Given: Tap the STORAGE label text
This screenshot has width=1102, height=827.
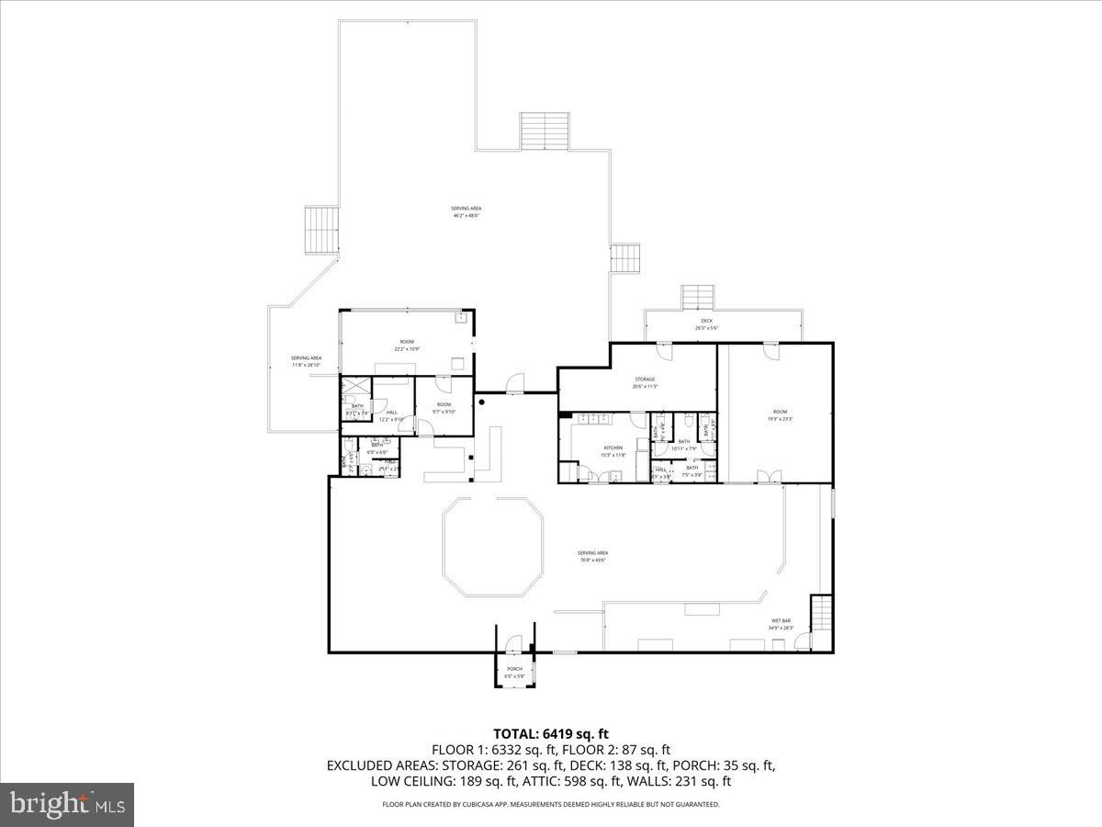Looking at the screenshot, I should click(645, 380).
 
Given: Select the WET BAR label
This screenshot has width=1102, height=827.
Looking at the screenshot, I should click(781, 621).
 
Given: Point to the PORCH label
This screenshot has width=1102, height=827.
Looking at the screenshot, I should click(514, 669).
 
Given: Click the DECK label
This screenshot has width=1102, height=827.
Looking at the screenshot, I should click(706, 321).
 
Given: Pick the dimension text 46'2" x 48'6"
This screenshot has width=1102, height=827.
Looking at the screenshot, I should click(466, 216).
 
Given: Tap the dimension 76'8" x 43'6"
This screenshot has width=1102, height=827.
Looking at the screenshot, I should click(593, 560).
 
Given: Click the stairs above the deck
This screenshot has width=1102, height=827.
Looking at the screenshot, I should click(698, 298).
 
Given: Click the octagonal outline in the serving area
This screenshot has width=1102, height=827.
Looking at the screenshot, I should click(492, 548).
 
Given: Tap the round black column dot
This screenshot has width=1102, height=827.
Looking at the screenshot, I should click(480, 402).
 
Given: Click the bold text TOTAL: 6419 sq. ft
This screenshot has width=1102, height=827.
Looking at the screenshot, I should click(551, 733).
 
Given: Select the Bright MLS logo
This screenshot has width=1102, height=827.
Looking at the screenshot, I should click(67, 804).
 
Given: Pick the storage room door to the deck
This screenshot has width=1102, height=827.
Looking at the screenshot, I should click(664, 349).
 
